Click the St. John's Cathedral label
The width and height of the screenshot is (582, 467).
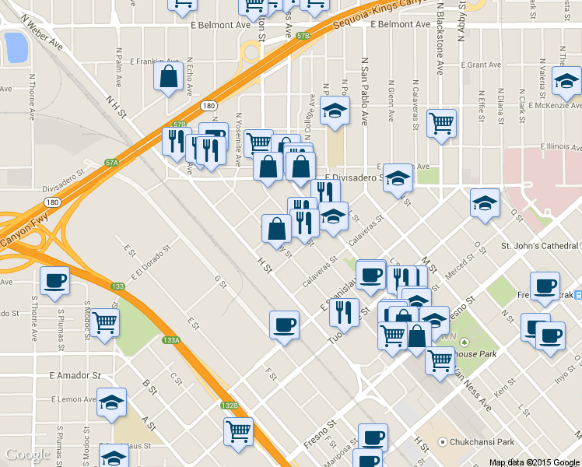(x=540, y=247)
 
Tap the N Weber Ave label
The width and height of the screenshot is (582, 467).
(x=42, y=32)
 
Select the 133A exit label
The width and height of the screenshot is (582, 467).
(x=171, y=340)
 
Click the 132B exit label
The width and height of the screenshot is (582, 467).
(x=229, y=406)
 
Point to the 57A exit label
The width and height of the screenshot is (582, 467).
(x=113, y=163)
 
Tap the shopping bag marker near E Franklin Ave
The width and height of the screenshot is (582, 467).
(x=169, y=77)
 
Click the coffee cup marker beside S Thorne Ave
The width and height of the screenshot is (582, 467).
(x=54, y=281)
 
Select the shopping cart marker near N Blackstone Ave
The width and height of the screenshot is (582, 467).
(x=441, y=123)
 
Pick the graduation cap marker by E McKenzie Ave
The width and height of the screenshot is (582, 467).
(x=566, y=81)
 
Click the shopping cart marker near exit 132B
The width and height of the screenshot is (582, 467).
(x=238, y=431)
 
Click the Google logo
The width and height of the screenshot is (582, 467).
(x=28, y=455)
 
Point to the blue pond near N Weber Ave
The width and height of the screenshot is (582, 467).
(x=15, y=47)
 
